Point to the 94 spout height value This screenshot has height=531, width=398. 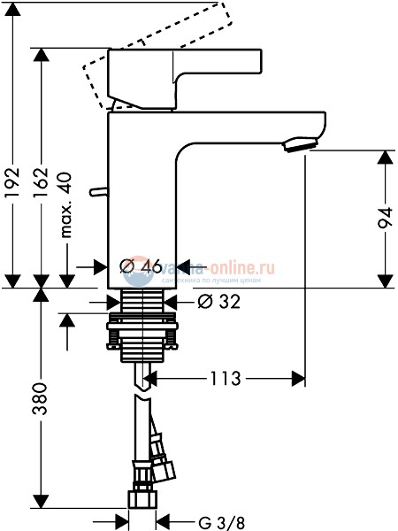click(385, 219)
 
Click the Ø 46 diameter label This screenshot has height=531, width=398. click(141, 266)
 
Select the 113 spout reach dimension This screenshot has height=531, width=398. click(226, 380)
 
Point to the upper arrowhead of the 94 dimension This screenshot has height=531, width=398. click(385, 156)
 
